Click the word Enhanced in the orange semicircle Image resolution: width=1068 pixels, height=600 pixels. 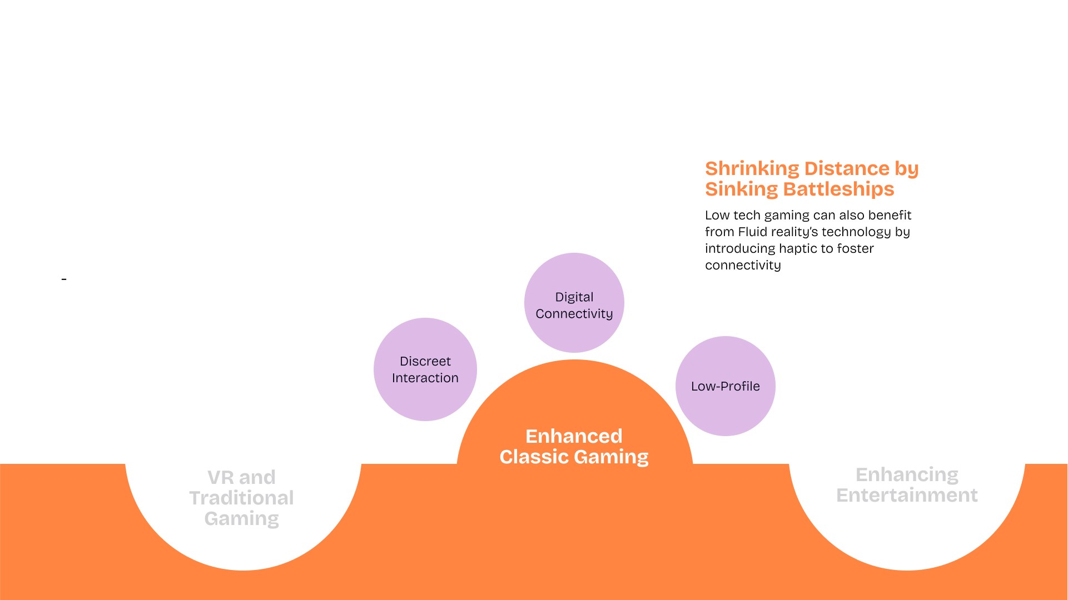pyautogui.click(x=574, y=436)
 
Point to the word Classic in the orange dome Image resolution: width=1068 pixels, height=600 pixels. pyautogui.click(x=534, y=457)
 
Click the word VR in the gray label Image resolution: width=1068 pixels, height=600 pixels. pyautogui.click(x=220, y=477)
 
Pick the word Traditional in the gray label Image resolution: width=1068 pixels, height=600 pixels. pyautogui.click(x=241, y=498)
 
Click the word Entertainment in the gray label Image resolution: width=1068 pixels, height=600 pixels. pyautogui.click(x=907, y=495)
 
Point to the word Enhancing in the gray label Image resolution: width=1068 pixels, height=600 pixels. pyautogui.click(x=907, y=474)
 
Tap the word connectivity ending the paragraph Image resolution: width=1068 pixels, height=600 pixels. pyautogui.click(x=743, y=265)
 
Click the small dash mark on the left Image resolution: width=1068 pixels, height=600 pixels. pyautogui.click(x=64, y=279)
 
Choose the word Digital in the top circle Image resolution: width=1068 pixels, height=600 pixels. pyautogui.click(x=574, y=297)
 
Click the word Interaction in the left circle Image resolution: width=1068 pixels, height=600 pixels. pyautogui.click(x=425, y=378)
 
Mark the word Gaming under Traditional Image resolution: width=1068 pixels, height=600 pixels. pyautogui.click(x=241, y=518)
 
